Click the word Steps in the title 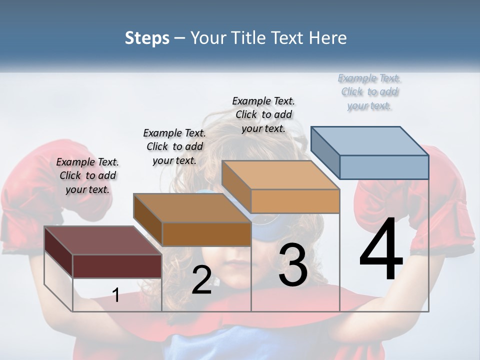pos(147,38)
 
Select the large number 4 pos(381,249)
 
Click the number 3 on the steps pos(293,265)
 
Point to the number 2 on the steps pos(201,280)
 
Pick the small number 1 pos(116,295)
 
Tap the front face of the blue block pos(384,167)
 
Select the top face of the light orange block pos(280,175)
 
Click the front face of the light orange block pos(295,201)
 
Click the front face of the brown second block pos(206,234)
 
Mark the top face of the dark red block pos(102,240)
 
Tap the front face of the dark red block pos(117,266)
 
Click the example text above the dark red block pos(87,175)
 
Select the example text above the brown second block pos(174,146)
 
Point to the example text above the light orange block pos(263,114)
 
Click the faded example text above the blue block pos(369,91)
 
